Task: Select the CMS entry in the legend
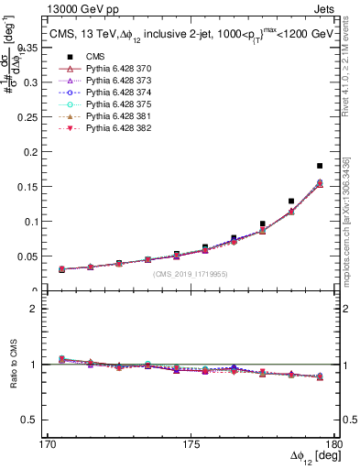[83, 57]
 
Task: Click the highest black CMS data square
[319, 166]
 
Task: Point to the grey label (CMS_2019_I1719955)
[192, 273]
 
